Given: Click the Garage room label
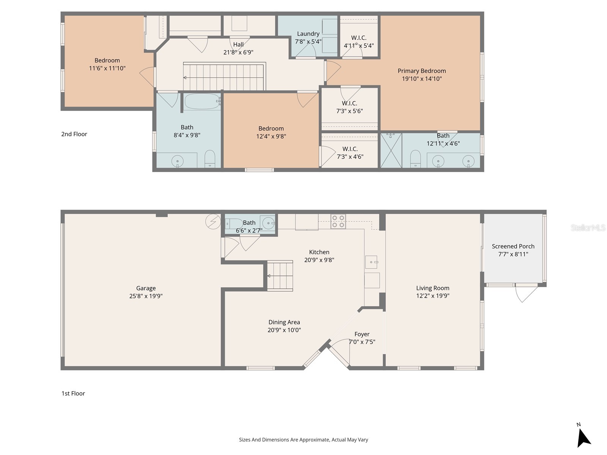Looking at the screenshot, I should tap(146, 288).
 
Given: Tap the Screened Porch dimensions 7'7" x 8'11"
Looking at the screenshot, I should tap(513, 254).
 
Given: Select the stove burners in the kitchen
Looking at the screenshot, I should tap(338, 221).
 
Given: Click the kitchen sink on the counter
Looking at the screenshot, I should tap(371, 262).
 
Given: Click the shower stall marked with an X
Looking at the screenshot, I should tap(391, 150).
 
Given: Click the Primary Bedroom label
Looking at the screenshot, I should tap(421, 71).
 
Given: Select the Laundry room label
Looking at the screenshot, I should tap(308, 34).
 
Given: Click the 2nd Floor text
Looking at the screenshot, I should tap(74, 134).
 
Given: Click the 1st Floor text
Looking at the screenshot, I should tap(73, 394).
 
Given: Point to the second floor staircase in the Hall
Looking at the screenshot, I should tap(224, 77).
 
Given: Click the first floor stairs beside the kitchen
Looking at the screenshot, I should tap(280, 276).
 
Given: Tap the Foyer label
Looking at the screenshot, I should tap(362, 334).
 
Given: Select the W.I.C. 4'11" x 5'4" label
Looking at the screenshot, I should tap(359, 38).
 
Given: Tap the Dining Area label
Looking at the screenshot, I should tap(284, 322).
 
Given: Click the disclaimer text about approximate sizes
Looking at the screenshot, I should tap(303, 440).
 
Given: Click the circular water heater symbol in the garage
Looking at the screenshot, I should tap(213, 222).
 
